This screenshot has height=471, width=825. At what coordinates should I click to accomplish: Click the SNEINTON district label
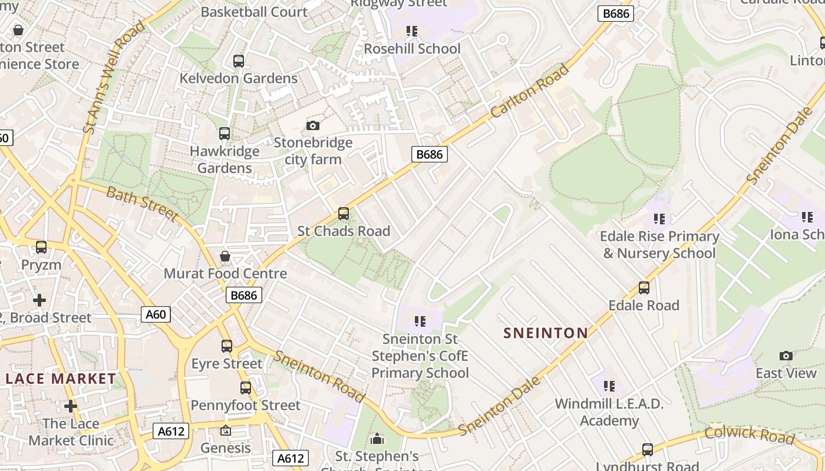coord(546,333)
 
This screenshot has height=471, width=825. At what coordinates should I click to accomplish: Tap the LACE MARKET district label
coord(61,379)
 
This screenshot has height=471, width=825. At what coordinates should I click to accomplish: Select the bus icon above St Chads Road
coord(344,214)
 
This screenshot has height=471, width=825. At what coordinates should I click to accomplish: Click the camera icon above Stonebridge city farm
coord(313,125)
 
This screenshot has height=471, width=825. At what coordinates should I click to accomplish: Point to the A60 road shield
coord(156,314)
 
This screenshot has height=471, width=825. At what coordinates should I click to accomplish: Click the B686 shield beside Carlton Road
coord(429,154)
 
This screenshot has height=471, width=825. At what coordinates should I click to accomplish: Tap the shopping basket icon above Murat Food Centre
coord(225,256)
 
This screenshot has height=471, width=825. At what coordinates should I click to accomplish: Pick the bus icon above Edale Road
coord(644,288)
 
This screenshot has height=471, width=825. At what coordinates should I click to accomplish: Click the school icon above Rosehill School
coord(412,31)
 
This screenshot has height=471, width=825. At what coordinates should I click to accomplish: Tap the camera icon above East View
coord(786,356)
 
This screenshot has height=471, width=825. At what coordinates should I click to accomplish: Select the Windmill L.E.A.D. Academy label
coord(609,412)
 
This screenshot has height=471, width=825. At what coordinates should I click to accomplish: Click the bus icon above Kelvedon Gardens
coord(239,61)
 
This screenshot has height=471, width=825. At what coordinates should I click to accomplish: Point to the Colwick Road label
coord(750,435)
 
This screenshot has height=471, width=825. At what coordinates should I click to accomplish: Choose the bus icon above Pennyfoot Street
coord(246,388)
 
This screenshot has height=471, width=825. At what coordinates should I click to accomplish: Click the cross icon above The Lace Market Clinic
coord(71,406)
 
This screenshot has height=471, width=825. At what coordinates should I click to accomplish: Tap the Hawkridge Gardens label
coord(224,160)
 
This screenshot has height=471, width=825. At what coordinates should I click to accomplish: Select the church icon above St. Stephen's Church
coord(377,439)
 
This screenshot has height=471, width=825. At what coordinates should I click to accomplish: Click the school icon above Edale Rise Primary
coord(659,219)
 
